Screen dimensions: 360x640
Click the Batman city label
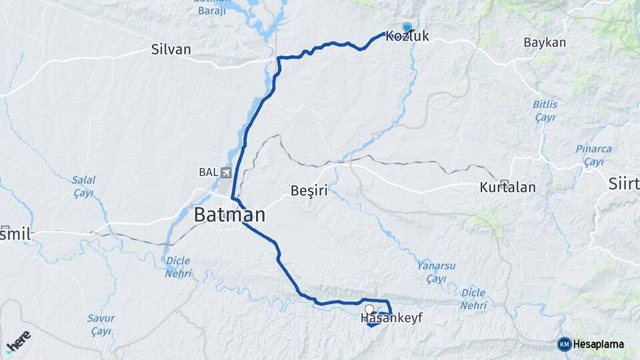pos(229,215)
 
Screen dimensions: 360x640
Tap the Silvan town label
pos(171,49)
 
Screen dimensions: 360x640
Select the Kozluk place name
pos(407,37)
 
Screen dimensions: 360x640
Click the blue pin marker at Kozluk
pos(407,27)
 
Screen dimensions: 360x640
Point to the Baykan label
pos(545,43)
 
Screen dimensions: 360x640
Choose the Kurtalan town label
pos(507,187)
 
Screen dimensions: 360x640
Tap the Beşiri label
pos(309,191)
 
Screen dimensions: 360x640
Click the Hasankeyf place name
pos(391,318)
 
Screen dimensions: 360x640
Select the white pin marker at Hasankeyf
pos(369,309)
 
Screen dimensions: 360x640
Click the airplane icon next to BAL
pos(226,173)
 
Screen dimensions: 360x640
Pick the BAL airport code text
pos(208,173)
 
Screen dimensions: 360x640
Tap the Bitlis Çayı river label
pos(545,111)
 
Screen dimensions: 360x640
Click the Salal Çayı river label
pos(83,186)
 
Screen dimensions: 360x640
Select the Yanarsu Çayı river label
pos(436,271)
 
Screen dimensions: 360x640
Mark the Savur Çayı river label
pos(101,325)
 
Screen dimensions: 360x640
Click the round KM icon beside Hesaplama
pos(564,344)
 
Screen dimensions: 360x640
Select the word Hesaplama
pos(598,345)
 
